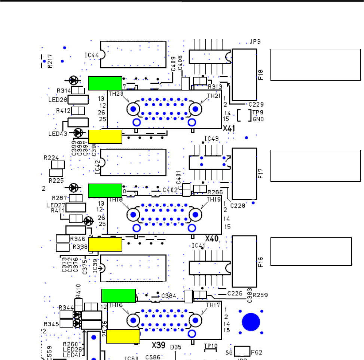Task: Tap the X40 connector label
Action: (212, 239)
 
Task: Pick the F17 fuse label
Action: (261, 174)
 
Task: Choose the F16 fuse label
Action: (261, 260)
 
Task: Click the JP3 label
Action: (256, 42)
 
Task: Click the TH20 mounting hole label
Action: (116, 95)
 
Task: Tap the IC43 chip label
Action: (211, 139)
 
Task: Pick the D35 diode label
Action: (175, 347)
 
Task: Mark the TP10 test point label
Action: (211, 346)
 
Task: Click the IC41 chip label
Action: (199, 246)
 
